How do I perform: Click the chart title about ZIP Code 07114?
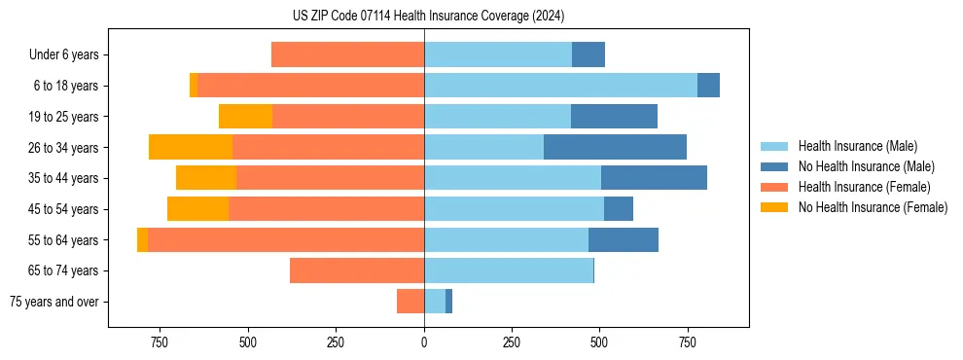[428, 16]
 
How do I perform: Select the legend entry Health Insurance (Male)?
[857, 146]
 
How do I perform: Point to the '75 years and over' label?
[54, 302]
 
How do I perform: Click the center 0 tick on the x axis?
[424, 342]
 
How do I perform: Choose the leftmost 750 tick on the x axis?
[160, 342]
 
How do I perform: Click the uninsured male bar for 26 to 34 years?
[615, 147]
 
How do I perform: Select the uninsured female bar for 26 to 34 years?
[191, 147]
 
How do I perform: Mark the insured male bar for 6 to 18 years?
[560, 86]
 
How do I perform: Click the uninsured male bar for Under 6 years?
[588, 54]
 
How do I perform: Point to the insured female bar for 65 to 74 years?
[357, 270]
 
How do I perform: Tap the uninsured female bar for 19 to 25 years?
[245, 117]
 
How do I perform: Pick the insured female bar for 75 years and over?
[410, 302]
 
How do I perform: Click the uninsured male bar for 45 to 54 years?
[619, 209]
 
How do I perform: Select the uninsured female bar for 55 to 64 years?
[142, 239]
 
